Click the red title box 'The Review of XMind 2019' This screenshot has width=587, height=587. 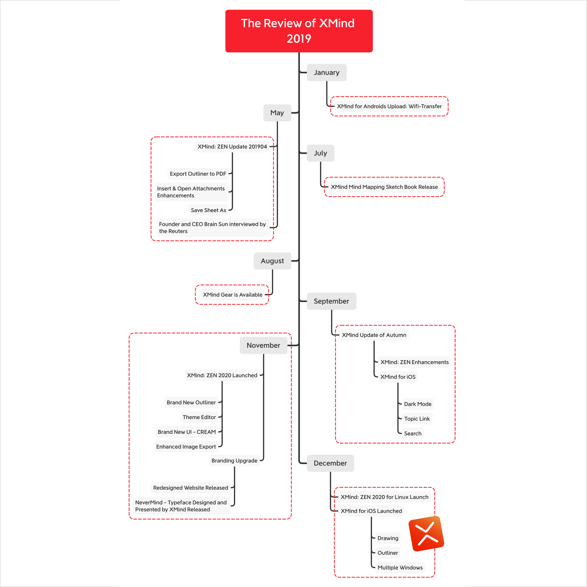[299, 31]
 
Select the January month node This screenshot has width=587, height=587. [327, 73]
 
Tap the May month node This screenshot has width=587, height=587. [277, 113]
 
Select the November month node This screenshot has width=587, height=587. [263, 346]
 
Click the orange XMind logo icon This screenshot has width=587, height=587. [426, 534]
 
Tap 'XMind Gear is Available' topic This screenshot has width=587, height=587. [232, 295]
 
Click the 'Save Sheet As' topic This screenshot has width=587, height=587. [209, 210]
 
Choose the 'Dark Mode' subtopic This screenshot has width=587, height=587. [417, 404]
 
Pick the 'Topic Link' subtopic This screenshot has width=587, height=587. [417, 419]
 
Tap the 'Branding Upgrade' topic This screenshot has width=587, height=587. [234, 461]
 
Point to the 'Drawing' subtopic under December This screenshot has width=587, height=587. [388, 538]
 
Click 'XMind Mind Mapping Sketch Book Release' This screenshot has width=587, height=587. [384, 187]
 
